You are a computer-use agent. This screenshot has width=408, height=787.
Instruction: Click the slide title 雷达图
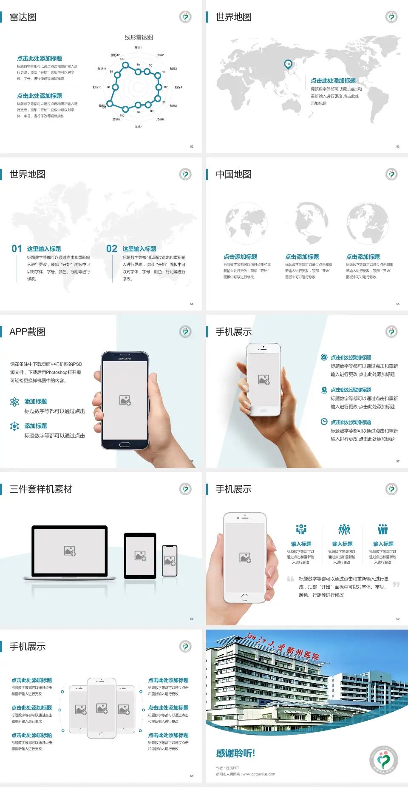pyautogui.click(x=23, y=17)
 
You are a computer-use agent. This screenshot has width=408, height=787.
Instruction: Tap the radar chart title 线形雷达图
pyautogui.click(x=139, y=37)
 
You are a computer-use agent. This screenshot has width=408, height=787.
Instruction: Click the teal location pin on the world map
pyautogui.click(x=288, y=64)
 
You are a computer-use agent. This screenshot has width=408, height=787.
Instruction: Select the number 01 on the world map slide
pyautogui.click(x=17, y=249)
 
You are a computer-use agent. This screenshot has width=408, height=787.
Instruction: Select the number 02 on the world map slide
pyautogui.click(x=112, y=249)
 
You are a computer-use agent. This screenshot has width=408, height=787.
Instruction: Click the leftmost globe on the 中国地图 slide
pyautogui.click(x=246, y=223)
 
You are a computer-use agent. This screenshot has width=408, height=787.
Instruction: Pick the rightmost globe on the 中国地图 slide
pyautogui.click(x=368, y=223)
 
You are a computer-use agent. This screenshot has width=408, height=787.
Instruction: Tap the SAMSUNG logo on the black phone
pyautogui.click(x=125, y=359)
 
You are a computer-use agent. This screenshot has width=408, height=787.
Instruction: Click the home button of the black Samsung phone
pyautogui.click(x=125, y=445)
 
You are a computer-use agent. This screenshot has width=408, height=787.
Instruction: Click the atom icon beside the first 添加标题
pyautogui.click(x=14, y=402)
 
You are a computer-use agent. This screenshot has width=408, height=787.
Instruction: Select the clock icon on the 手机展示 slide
pyautogui.click(x=324, y=422)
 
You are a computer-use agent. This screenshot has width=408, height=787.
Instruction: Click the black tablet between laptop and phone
pyautogui.click(x=140, y=556)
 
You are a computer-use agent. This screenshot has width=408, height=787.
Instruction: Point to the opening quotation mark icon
pyautogui.click(x=290, y=579)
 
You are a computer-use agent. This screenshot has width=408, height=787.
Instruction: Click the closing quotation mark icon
pyautogui.click(x=396, y=585)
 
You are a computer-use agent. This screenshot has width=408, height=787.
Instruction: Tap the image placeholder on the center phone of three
pyautogui.click(x=102, y=708)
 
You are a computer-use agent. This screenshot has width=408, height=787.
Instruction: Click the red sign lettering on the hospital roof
pyautogui.click(x=282, y=647)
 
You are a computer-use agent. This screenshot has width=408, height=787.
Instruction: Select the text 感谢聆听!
pyautogui.click(x=235, y=753)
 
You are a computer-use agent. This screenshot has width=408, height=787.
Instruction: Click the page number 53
pyautogui.click(x=398, y=146)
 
